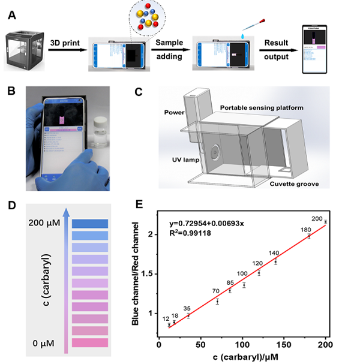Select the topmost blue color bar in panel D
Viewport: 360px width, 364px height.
pyautogui.click(x=90, y=223)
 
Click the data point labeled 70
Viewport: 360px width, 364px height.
pyautogui.click(x=217, y=302)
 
